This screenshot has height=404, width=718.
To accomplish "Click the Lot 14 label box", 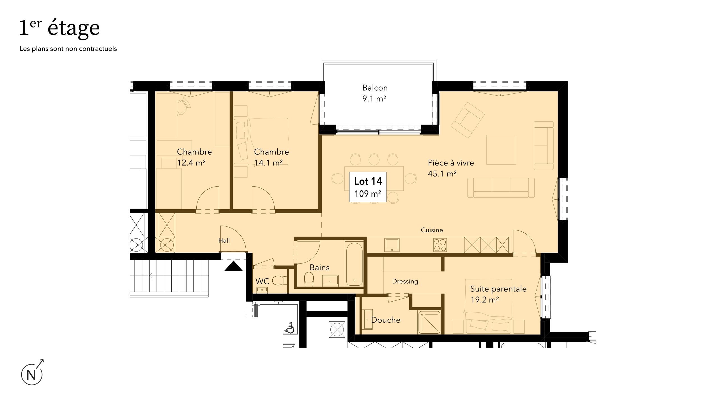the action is pyautogui.click(x=368, y=187).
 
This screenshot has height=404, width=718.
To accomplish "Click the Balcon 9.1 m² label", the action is pyautogui.click(x=375, y=93).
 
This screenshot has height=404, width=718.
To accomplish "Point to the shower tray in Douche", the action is pyautogui.click(x=429, y=322).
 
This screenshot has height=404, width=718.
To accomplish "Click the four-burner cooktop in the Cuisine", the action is pyautogui.click(x=440, y=245).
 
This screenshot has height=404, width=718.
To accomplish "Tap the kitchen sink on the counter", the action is pyautogui.click(x=392, y=245).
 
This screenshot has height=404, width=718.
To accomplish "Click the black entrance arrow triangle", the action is pyautogui.click(x=233, y=266).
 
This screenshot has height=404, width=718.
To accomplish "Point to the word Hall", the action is pyautogui.click(x=224, y=240).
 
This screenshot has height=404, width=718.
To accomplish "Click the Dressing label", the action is pyautogui.click(x=405, y=281).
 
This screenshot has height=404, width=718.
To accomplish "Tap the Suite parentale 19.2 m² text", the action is pyautogui.click(x=498, y=294).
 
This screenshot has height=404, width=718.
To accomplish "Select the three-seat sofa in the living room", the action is pyautogui.click(x=501, y=188).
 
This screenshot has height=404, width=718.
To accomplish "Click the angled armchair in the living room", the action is pyautogui.click(x=468, y=120).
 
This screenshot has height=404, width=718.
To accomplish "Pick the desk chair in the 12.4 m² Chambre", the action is pyautogui.click(x=184, y=106).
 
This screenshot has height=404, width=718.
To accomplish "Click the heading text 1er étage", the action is pyautogui.click(x=59, y=28).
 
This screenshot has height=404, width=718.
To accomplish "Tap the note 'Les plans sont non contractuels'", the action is pyautogui.click(x=68, y=49).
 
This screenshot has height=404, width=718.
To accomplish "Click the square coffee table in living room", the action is pyautogui.click(x=501, y=150).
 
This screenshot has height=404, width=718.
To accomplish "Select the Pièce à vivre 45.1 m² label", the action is pyautogui.click(x=451, y=168).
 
